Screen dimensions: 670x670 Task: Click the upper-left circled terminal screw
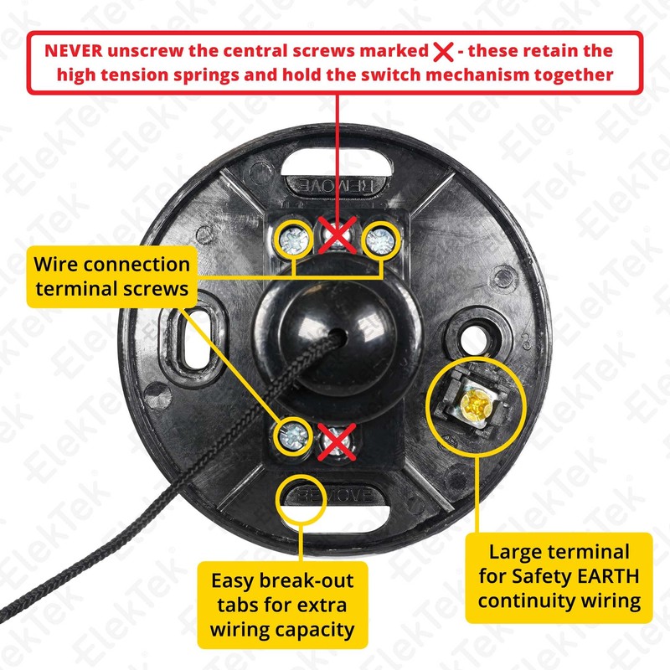(294, 240)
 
